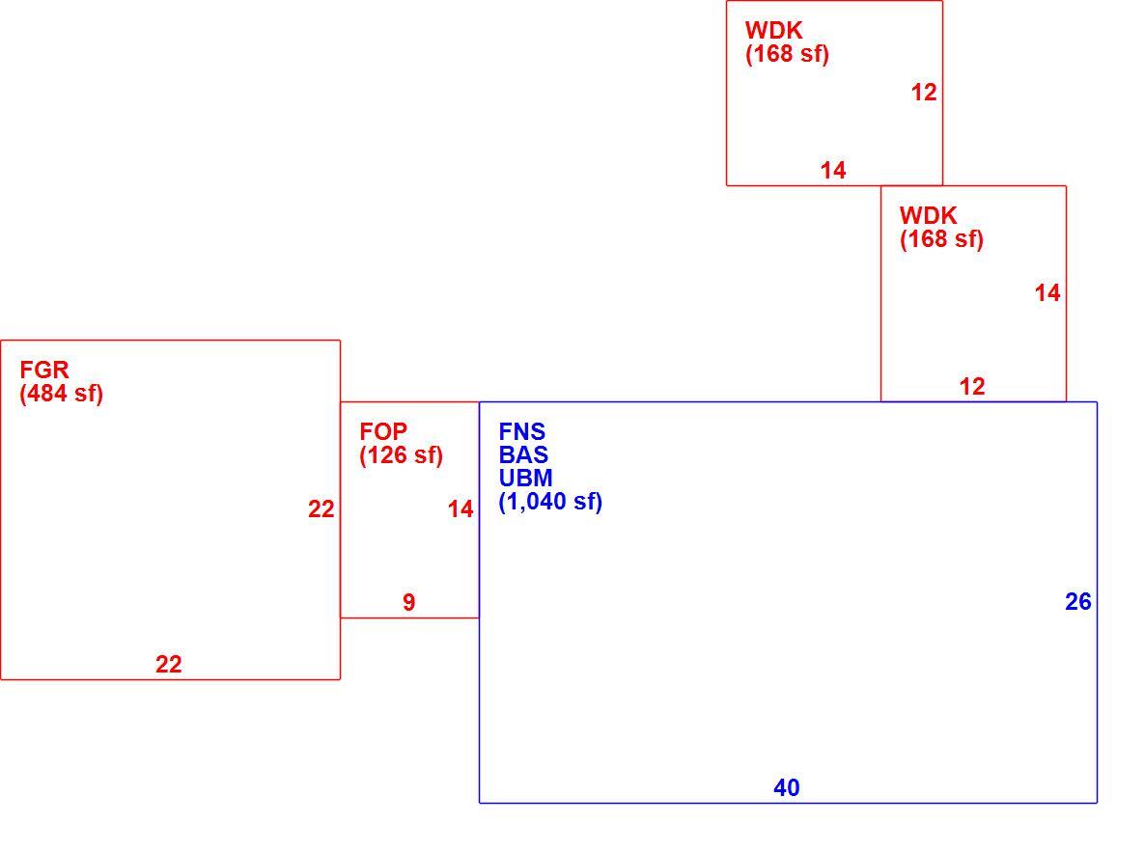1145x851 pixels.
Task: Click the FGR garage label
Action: pyautogui.click(x=44, y=371)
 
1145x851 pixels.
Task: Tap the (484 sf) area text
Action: pyautogui.click(x=62, y=394)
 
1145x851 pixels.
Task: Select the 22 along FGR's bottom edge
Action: pyautogui.click(x=169, y=664)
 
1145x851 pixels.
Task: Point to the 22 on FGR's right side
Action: pyautogui.click(x=321, y=508)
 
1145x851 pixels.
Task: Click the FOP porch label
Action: pyautogui.click(x=383, y=431)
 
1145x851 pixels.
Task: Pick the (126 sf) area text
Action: pyautogui.click(x=401, y=455)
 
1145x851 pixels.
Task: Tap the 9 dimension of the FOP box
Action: pyautogui.click(x=409, y=602)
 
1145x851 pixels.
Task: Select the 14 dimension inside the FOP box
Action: pyautogui.click(x=461, y=508)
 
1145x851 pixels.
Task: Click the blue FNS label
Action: pyautogui.click(x=522, y=431)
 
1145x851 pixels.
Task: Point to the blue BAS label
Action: pyautogui.click(x=523, y=454)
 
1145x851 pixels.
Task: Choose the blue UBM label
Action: pyautogui.click(x=526, y=478)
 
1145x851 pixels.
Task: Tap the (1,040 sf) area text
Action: pyautogui.click(x=550, y=502)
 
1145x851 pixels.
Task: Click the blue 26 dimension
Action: pyautogui.click(x=1078, y=601)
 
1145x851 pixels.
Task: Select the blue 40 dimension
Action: pyautogui.click(x=787, y=787)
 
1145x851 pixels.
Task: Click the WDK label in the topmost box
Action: pyautogui.click(x=774, y=30)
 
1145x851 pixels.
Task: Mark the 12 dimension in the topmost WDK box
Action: pyautogui.click(x=924, y=92)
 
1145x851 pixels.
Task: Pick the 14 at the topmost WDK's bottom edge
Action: pyautogui.click(x=833, y=170)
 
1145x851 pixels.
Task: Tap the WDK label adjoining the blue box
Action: pyautogui.click(x=928, y=215)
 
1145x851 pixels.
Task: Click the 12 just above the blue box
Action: pyautogui.click(x=972, y=386)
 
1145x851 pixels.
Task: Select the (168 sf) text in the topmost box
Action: pyautogui.click(x=787, y=54)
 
